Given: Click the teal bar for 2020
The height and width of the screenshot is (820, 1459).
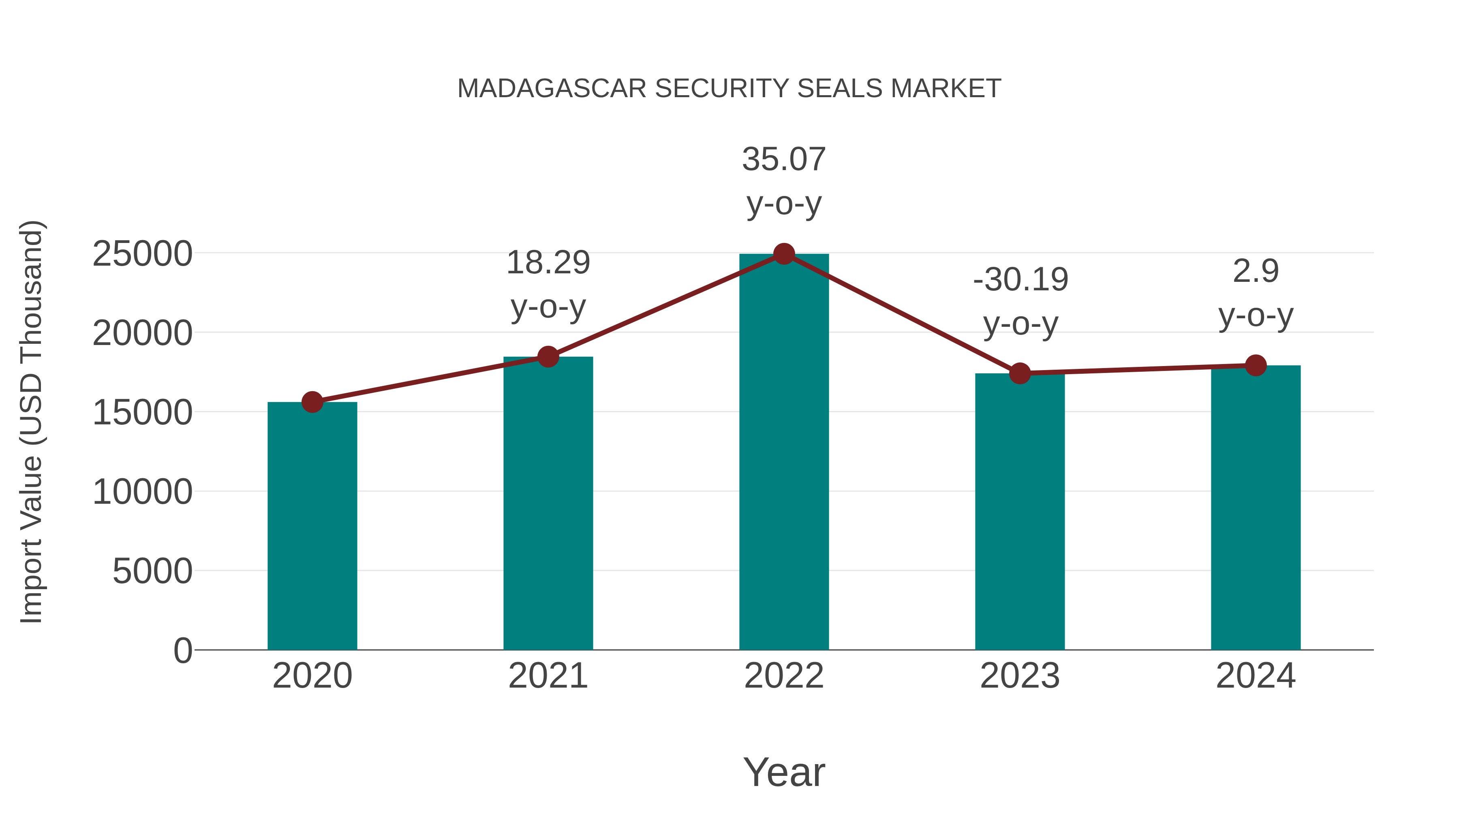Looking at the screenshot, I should (x=312, y=526).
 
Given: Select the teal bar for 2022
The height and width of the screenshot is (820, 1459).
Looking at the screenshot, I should (x=784, y=453).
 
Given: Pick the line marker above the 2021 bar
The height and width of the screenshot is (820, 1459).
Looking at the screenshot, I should (x=548, y=356).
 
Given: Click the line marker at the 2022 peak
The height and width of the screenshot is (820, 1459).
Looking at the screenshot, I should (x=784, y=254).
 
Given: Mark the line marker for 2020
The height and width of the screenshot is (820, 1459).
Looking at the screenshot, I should (x=312, y=403).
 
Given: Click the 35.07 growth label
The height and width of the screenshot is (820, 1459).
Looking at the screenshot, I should (x=784, y=159).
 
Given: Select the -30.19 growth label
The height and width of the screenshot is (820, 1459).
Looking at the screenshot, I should (x=1020, y=279).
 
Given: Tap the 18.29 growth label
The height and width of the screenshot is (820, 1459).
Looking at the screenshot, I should (x=548, y=262).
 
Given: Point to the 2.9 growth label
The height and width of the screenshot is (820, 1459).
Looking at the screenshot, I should (x=1256, y=271).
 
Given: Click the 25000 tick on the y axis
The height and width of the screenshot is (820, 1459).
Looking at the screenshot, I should (x=142, y=253).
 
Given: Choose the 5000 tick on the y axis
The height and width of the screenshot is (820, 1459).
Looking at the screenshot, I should (x=152, y=571).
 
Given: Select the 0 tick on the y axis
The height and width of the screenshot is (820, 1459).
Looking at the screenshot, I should (x=183, y=650).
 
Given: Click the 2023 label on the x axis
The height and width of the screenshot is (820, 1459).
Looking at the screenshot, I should (x=1020, y=676).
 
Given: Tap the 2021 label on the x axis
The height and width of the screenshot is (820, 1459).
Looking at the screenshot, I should (x=548, y=676).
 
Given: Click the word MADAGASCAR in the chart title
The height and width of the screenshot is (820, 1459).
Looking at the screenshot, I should (x=552, y=89).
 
